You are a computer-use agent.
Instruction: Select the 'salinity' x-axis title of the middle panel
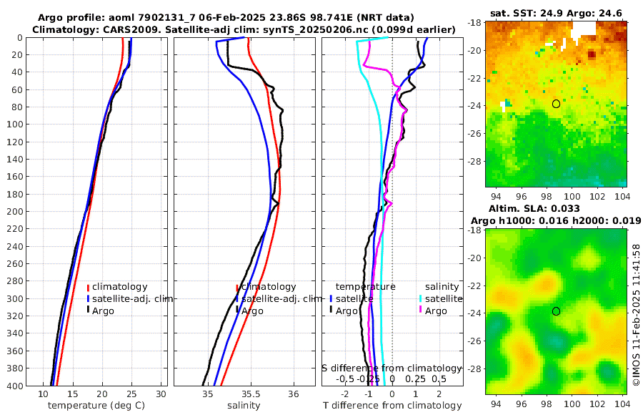244,406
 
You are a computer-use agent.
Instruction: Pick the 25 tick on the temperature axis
131,394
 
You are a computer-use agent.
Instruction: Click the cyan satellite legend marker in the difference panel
421,298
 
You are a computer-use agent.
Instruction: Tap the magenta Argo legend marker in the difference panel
421,310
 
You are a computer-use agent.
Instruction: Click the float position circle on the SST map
556,104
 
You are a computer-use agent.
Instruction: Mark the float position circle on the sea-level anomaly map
556,311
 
